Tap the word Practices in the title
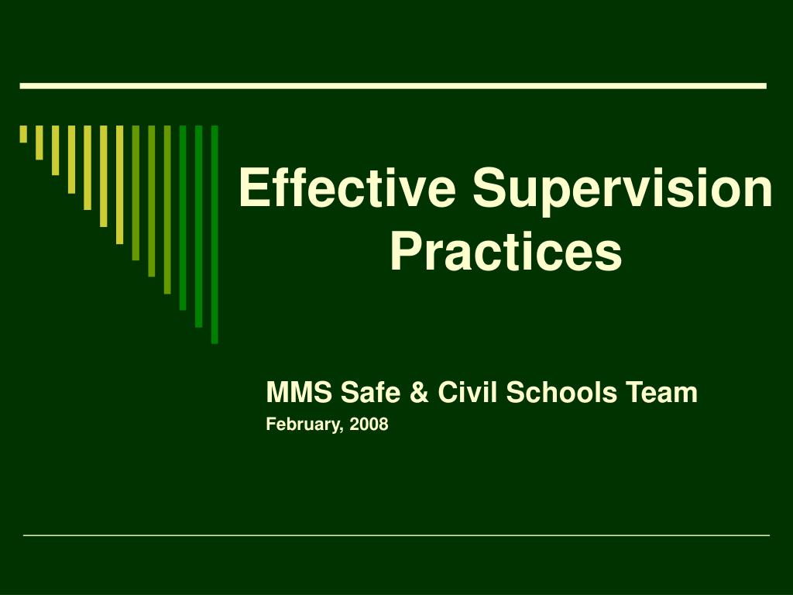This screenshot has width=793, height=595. click(506, 251)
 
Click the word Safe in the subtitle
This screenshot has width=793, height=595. click(370, 392)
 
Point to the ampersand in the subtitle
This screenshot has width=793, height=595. click(419, 392)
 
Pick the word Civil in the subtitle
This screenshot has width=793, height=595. click(468, 392)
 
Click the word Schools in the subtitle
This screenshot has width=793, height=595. click(561, 392)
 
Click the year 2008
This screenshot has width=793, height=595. click(369, 424)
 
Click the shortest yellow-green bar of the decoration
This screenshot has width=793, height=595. click(23, 134)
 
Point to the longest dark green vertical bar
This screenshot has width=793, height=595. click(215, 234)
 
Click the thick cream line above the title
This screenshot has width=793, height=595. click(393, 86)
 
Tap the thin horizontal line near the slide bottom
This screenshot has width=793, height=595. click(396, 535)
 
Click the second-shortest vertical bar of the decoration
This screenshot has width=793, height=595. click(39, 143)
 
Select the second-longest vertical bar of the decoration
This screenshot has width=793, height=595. click(199, 226)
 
